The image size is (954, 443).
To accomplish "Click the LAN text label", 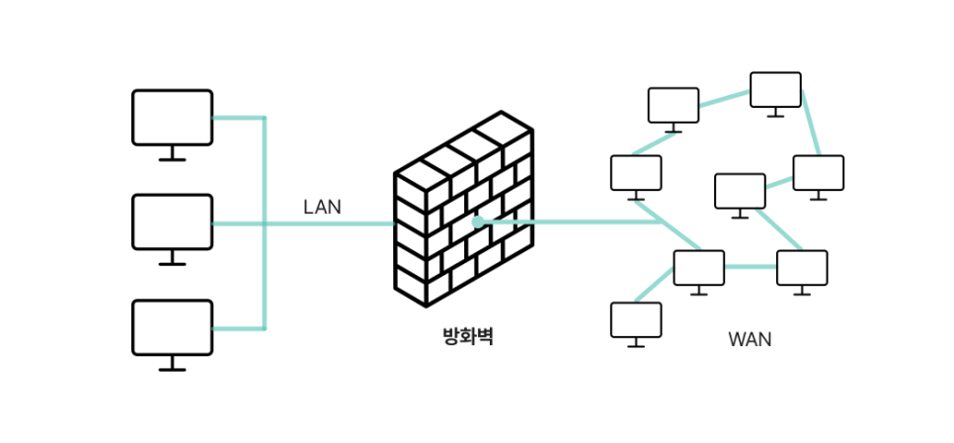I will click(x=322, y=208).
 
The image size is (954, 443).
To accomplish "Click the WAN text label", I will click(x=750, y=340).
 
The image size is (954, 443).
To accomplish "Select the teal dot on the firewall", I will click(x=478, y=222).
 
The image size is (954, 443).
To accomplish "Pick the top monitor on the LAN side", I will click(x=172, y=117).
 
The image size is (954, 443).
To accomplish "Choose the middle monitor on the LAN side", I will click(x=172, y=221).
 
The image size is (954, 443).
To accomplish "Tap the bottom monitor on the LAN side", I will click(x=172, y=326).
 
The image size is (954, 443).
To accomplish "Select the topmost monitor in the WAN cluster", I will click(x=775, y=89).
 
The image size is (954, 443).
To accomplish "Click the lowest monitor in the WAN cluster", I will click(x=635, y=319).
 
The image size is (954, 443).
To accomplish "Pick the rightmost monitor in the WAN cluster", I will click(x=818, y=172).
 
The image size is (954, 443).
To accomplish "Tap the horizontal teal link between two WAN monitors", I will click(x=750, y=267).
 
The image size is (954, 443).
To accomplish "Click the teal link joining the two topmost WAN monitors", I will click(x=724, y=97).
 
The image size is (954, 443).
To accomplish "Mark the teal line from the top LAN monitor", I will click(x=237, y=118).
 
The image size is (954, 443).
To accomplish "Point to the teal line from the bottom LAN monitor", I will click(x=237, y=328).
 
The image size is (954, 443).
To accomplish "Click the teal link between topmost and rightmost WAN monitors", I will click(x=810, y=125).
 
